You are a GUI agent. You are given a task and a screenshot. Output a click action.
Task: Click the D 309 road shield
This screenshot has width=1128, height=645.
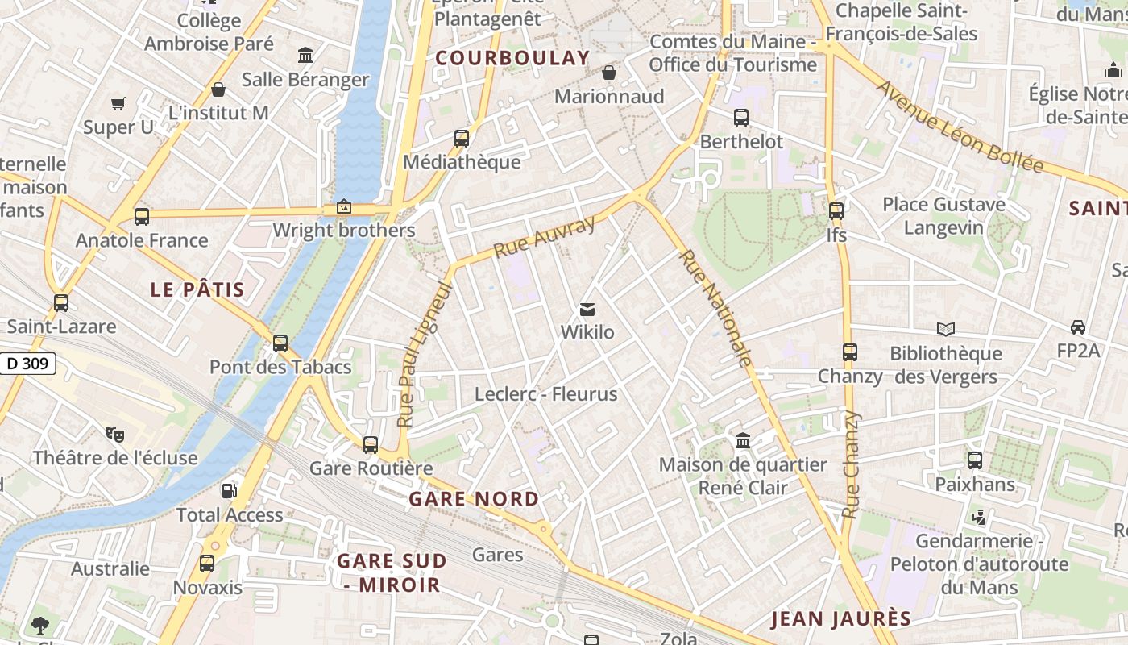28,364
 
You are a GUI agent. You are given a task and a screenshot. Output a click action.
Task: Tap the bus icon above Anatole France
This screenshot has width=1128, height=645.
142,216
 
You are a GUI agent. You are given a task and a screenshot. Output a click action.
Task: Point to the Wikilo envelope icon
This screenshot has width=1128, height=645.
587,310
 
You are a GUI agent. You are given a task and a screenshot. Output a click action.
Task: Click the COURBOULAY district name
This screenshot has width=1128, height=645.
513,58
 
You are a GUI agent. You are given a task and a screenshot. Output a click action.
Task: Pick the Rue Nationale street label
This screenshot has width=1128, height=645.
715,308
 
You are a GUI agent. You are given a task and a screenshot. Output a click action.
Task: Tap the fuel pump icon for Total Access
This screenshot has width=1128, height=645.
230,490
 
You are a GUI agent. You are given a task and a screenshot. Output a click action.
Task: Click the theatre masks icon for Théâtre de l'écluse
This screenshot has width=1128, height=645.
115,434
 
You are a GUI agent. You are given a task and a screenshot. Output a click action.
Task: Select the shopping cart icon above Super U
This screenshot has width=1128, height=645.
118,103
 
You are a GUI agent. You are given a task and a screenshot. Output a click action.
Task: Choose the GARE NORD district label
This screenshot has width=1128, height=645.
474,499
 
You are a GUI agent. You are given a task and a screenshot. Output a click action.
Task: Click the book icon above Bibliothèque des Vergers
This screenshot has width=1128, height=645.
946,329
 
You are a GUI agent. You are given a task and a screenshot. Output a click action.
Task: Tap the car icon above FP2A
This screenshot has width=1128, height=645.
1078,327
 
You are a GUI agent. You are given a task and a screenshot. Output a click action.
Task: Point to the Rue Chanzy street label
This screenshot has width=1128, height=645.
851,464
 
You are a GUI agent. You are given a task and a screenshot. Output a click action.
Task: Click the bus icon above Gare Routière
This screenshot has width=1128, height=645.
371,444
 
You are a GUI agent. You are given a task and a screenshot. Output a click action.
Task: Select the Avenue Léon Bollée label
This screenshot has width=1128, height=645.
960,127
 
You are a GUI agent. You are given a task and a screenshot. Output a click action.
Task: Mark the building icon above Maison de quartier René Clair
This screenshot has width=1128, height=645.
743,441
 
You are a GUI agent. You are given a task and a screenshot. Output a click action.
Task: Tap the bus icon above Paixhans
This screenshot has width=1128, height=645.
975,460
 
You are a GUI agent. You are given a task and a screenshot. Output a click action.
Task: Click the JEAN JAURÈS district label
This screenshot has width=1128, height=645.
841,619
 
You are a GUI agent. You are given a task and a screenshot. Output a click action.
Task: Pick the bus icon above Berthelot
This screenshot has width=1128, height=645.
741,118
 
